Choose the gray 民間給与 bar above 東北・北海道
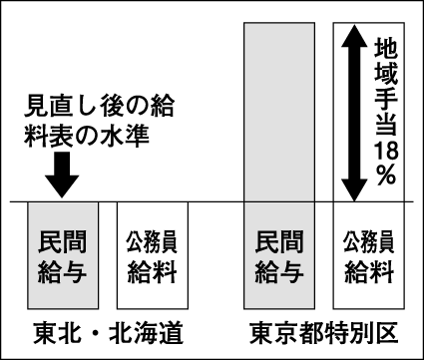62,255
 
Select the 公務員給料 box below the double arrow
369,255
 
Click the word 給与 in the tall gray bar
281,270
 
